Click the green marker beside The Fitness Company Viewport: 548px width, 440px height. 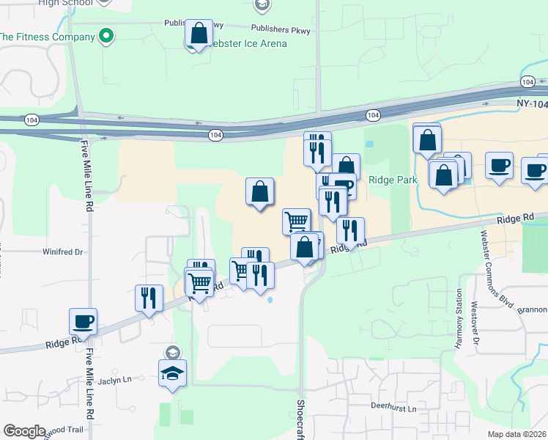point(106,35)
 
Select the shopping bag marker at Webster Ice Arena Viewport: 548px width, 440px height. point(199,34)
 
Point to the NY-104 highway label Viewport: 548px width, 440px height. point(531,104)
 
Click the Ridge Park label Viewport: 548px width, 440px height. point(393,180)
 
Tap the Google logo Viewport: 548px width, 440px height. point(24,431)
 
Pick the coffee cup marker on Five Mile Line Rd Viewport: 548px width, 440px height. point(83,321)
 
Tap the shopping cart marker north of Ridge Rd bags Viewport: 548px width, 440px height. point(296,221)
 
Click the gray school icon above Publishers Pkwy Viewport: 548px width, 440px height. point(262,6)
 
